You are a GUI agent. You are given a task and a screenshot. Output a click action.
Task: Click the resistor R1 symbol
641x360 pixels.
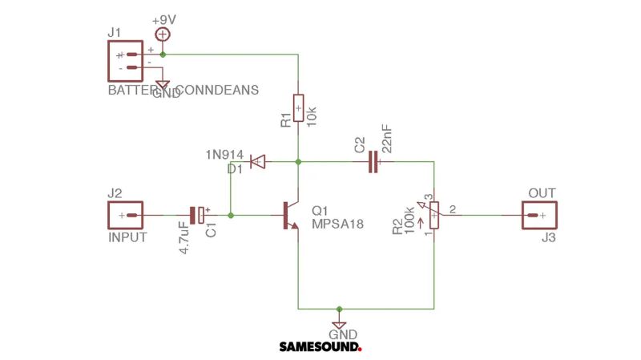pyautogui.click(x=298, y=107)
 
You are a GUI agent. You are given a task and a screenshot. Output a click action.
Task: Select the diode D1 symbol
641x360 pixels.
pyautogui.click(x=256, y=162)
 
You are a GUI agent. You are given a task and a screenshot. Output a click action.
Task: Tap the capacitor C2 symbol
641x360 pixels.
pyautogui.click(x=373, y=163)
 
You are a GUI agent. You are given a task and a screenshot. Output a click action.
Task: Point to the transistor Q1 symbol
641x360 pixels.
pyautogui.click(x=290, y=216)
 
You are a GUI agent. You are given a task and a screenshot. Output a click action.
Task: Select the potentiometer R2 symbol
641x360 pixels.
pyautogui.click(x=433, y=215)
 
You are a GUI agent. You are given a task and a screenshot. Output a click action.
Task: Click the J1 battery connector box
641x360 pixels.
pyautogui.click(x=123, y=61)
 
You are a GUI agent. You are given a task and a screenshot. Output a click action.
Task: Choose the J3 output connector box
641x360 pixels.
pyautogui.click(x=539, y=216)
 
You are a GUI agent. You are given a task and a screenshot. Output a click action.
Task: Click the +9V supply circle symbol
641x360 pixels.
pyautogui.click(x=163, y=34)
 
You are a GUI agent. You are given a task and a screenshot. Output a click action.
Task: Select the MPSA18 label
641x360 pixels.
pyautogui.click(x=337, y=224)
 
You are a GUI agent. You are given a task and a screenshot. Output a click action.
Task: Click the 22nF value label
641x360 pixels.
pyautogui.click(x=387, y=139)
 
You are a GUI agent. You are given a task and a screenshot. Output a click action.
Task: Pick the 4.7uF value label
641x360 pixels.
pyautogui.click(x=183, y=238)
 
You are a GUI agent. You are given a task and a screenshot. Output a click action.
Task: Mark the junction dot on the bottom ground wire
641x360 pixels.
pyautogui.click(x=339, y=308)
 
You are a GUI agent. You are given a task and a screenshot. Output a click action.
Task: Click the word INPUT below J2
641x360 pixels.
pyautogui.click(x=127, y=238)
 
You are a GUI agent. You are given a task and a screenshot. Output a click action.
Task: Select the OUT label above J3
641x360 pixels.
pyautogui.click(x=542, y=194)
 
